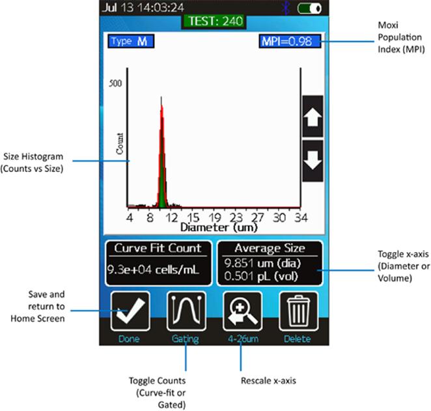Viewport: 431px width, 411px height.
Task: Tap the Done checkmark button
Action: (130, 311)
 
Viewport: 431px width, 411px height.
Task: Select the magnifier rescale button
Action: (242, 311)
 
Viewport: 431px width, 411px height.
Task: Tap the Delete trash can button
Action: (298, 311)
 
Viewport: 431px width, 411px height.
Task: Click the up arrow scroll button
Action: (313, 117)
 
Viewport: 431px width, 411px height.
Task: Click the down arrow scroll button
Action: (313, 160)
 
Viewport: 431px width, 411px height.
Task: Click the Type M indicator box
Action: (131, 42)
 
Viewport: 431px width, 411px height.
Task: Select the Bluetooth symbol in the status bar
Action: (284, 8)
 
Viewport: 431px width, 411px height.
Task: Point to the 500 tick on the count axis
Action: (115, 83)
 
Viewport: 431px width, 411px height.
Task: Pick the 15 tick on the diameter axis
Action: (193, 218)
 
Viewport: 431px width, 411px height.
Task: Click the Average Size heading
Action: (270, 248)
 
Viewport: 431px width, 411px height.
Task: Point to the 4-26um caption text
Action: (242, 339)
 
